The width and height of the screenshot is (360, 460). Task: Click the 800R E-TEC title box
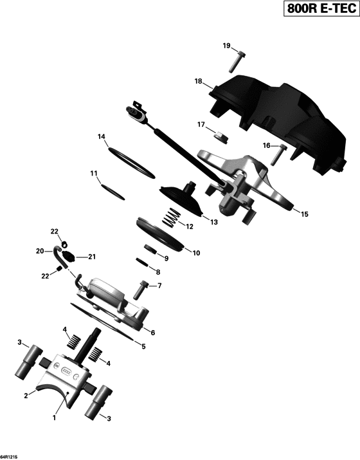[x=321, y=8]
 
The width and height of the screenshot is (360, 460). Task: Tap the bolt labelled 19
[x=237, y=62]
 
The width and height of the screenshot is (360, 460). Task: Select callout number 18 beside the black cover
[x=199, y=81]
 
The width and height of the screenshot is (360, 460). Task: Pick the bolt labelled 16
[x=278, y=154]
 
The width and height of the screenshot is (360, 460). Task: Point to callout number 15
[x=305, y=214]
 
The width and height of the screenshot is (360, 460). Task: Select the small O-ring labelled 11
[x=113, y=192]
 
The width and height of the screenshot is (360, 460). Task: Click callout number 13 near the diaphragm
[x=214, y=222]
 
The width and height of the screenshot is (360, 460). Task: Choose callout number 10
[x=196, y=253]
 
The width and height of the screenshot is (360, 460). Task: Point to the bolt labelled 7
[x=140, y=290]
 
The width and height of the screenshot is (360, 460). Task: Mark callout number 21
[x=92, y=257]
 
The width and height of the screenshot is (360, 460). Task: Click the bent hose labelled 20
[x=60, y=256]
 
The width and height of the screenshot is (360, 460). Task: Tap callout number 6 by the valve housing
[x=153, y=333]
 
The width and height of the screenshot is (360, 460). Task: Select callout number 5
[x=143, y=347]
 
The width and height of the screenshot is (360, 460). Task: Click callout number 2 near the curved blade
[x=26, y=396]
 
